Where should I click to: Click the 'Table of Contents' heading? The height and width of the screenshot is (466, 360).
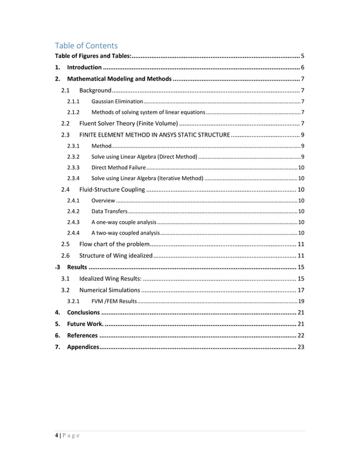point(86,45)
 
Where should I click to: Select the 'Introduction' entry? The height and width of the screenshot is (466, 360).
point(84,68)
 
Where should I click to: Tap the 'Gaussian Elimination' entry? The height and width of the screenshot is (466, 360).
point(117,102)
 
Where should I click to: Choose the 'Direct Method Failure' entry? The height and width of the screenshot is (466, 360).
point(118,168)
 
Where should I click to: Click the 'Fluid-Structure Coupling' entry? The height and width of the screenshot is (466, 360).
point(112,190)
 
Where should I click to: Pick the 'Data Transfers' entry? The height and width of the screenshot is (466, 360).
point(109,211)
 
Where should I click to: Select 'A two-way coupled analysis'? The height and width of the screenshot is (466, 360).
point(125,233)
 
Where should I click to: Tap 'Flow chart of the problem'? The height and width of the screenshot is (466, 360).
point(114,244)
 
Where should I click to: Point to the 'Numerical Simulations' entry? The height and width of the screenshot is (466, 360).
point(110,289)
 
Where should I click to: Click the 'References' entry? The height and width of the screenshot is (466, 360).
point(82,335)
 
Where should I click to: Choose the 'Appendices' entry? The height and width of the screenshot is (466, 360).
point(83,346)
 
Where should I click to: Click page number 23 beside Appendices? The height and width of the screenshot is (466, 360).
point(301,346)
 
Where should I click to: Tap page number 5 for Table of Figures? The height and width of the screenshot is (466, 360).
point(303,56)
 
